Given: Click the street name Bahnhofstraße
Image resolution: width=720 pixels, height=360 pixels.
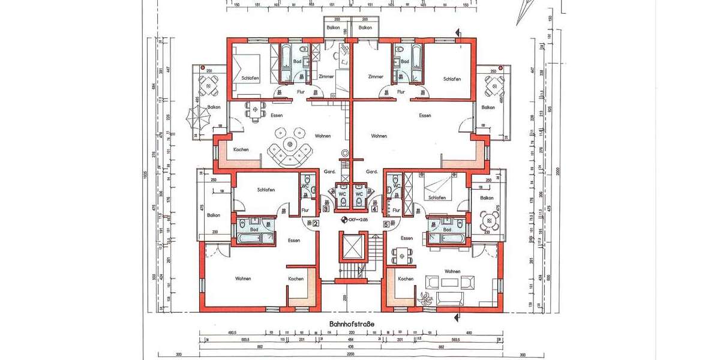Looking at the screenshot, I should click(352, 324).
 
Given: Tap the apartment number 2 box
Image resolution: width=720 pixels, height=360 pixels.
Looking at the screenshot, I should click(314, 224).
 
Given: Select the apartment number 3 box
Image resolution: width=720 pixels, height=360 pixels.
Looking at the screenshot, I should click(326, 209).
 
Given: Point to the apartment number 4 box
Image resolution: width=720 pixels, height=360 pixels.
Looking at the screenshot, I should click(374, 209).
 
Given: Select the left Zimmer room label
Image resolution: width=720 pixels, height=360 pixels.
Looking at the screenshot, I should click(326, 77).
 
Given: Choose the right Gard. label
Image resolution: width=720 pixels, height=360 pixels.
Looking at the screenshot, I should click(371, 172).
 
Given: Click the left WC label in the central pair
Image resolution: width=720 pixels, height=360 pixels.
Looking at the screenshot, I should click(341, 194).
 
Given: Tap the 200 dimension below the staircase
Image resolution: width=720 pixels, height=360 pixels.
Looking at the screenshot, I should click(346, 298).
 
